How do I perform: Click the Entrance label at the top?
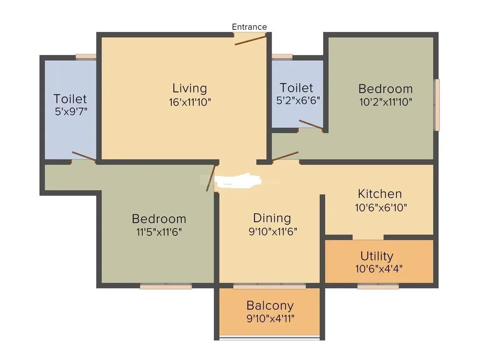pos(249,27)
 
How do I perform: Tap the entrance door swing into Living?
pos(250,40)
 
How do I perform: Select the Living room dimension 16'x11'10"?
pos(190,102)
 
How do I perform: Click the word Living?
pos(190,88)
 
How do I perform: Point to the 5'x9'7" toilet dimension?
pos(70,112)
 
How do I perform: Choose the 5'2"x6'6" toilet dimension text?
pos(296,101)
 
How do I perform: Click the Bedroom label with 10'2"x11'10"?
pos(385,89)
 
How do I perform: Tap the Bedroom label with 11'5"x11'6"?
pos(159,218)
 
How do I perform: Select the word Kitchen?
pos(379,194)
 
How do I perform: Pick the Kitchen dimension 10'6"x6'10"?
pos(381,207)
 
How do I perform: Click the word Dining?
pos(272,218)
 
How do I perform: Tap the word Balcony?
pos(270,305)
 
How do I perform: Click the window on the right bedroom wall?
pos(436,105)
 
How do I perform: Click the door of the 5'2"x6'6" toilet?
pos(311,125)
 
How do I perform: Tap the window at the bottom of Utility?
pos(378,286)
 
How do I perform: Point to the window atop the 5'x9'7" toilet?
pos(86,58)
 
